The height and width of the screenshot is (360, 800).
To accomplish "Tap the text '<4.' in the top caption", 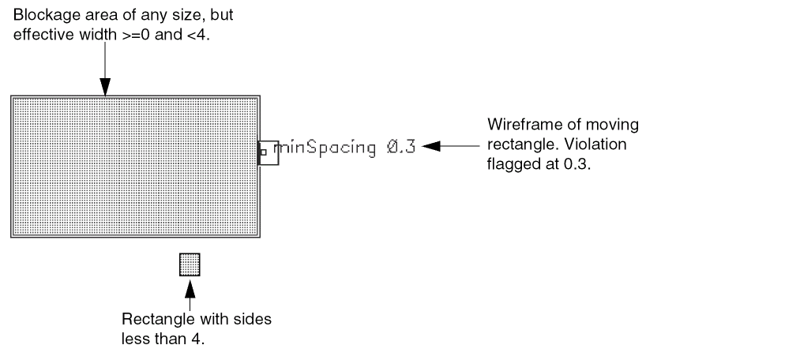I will [x=200, y=36].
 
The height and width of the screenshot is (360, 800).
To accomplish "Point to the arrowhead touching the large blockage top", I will [x=104, y=88].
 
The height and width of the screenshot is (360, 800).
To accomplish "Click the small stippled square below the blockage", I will [x=190, y=264].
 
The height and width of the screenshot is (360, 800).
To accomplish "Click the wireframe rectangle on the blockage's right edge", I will [x=269, y=152].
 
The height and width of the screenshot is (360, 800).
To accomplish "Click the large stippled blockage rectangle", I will [x=135, y=166].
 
